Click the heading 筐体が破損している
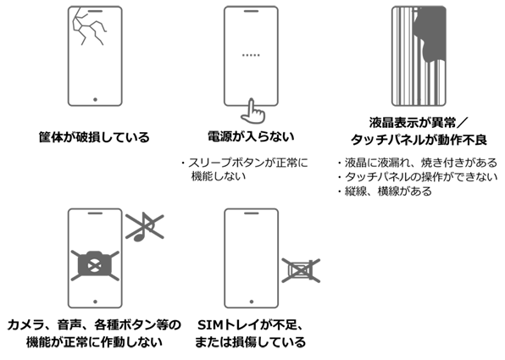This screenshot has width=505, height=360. [93, 136]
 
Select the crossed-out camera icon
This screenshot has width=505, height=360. [93, 265]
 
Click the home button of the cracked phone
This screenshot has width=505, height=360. [94, 99]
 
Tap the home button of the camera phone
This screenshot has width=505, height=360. [94, 298]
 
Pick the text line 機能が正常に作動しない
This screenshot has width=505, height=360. [94, 343]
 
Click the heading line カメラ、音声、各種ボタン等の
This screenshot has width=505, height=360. [93, 325]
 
